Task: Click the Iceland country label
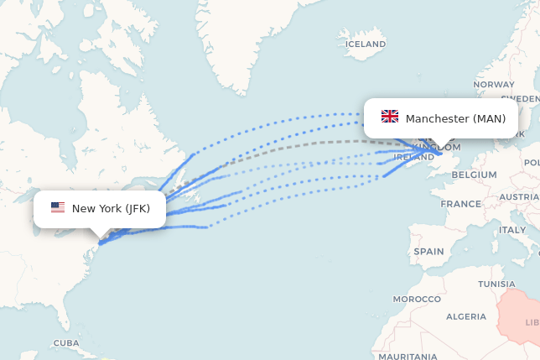(x=366, y=44)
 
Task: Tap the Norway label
(x=494, y=85)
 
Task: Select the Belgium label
(x=474, y=175)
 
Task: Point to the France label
(x=461, y=204)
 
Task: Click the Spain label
(x=428, y=251)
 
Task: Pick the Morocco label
(x=417, y=299)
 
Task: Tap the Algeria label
(x=465, y=316)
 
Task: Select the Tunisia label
(x=496, y=284)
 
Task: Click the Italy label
(x=512, y=229)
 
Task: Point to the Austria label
(x=520, y=196)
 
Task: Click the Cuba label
(x=65, y=343)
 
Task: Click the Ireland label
(x=414, y=157)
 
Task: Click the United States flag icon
(x=58, y=208)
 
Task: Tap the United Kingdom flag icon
(x=390, y=117)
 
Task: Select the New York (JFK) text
(x=111, y=208)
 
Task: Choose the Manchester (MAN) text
(x=455, y=118)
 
